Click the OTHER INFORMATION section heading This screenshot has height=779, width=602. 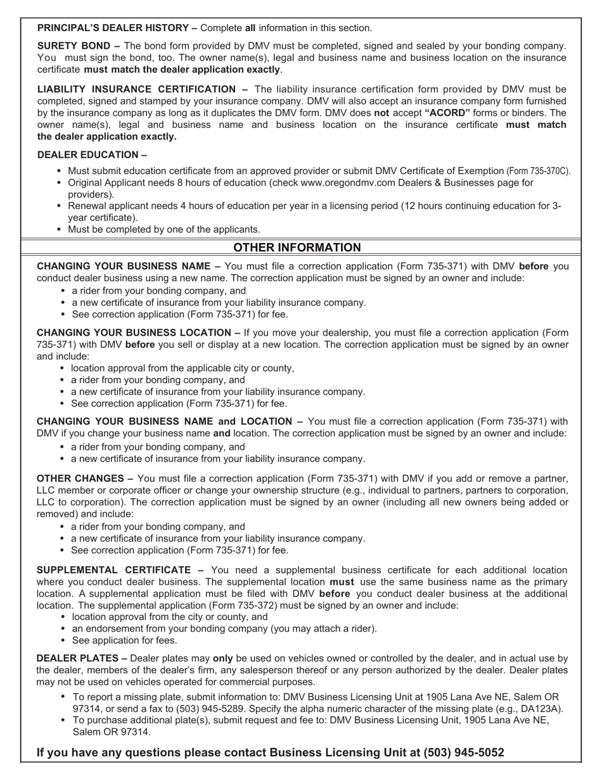click(x=297, y=248)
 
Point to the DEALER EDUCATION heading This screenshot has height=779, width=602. click(x=87, y=155)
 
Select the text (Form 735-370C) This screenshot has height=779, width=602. click(x=538, y=171)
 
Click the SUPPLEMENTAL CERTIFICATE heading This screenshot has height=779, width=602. click(x=114, y=570)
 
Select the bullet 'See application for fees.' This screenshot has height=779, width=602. click(x=124, y=640)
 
